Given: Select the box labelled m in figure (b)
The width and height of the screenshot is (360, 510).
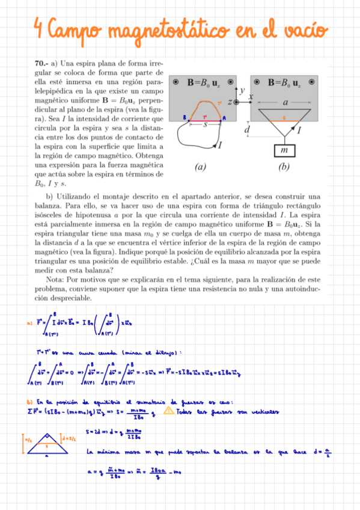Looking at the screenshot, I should (x=285, y=148).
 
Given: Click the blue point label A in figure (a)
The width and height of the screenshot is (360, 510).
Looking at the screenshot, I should (x=225, y=118).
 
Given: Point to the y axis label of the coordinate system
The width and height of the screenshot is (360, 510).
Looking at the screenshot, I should (x=242, y=91).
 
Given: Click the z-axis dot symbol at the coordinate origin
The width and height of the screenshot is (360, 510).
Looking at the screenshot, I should (x=237, y=103).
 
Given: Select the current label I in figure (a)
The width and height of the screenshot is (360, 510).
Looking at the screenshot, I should (x=220, y=145).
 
